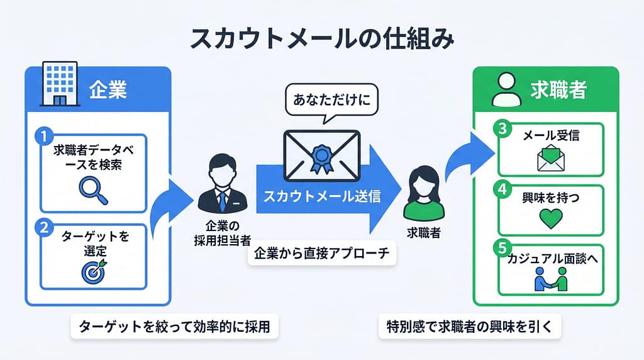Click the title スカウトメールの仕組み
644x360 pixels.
coord(322,40)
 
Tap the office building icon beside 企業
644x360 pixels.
coord(60,84)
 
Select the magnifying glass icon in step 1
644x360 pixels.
coord(93,190)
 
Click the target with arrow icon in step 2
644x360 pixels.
coord(94,271)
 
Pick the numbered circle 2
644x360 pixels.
coord(44,227)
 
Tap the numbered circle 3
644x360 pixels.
coord(502,128)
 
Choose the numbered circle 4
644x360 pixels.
coord(502,189)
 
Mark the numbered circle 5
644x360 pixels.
coord(502,248)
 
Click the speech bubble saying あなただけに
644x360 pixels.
coord(331,100)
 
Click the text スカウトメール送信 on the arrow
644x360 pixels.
coord(322,196)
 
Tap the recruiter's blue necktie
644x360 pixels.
coord(222,201)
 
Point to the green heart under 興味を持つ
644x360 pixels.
coord(551,218)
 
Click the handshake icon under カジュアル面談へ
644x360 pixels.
coord(551,279)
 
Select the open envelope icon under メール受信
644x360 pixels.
coord(551,158)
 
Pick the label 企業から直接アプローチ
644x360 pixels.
coord(321,253)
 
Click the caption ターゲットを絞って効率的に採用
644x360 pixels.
coord(175,327)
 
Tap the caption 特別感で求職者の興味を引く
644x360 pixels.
coord(469,327)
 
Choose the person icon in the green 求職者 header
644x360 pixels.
coord(506,89)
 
